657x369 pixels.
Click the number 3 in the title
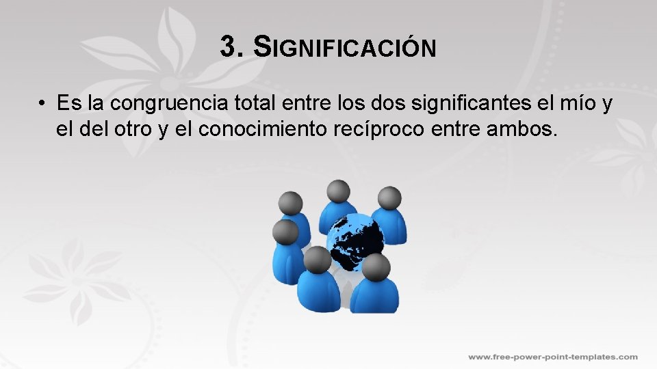tap(229, 47)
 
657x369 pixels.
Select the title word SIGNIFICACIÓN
tap(344, 48)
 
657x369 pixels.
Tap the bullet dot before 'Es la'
tap(42, 104)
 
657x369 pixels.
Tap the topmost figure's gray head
tap(338, 191)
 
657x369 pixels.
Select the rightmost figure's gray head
tap(389, 198)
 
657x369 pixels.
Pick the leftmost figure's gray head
tap(285, 232)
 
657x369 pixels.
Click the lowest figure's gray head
tap(376, 267)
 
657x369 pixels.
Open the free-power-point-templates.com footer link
tap(552, 357)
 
